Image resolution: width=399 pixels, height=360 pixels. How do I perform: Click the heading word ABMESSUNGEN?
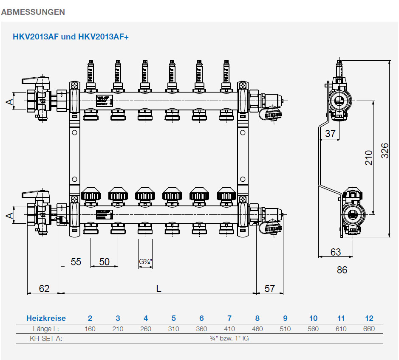click(x=33, y=12)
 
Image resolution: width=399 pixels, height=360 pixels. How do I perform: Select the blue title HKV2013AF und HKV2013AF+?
click(x=71, y=37)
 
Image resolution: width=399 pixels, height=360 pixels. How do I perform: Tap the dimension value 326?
click(x=384, y=151)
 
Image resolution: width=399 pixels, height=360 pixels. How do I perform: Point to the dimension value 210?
click(x=368, y=157)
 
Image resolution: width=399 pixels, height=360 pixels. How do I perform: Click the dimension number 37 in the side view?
click(x=330, y=134)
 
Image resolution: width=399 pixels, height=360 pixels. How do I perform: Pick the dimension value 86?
click(x=342, y=270)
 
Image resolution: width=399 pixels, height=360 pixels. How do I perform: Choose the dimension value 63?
click(x=336, y=252)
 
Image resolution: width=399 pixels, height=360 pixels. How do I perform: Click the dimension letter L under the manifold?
click(x=158, y=289)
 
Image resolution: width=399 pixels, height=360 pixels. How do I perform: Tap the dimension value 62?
click(x=44, y=289)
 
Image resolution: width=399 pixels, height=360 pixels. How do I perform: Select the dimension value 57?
click(x=270, y=289)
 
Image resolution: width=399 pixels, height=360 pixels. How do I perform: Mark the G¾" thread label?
click(x=145, y=262)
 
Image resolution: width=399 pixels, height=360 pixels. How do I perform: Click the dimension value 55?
click(x=76, y=262)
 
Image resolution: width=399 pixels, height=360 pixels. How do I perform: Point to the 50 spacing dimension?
click(x=105, y=262)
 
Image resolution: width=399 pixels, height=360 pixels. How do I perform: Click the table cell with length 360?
click(x=201, y=329)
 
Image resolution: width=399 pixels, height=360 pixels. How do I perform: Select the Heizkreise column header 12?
click(x=369, y=318)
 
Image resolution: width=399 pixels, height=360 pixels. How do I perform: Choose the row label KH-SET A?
click(x=46, y=339)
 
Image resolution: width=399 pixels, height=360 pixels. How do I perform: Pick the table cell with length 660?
click(x=369, y=329)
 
